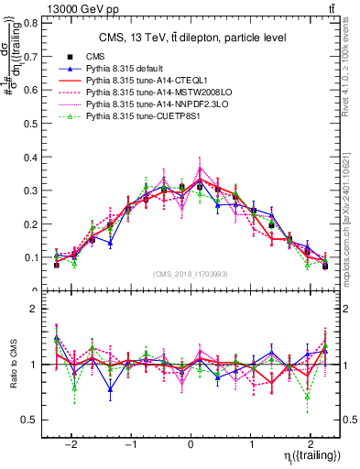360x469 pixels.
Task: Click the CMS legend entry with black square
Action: pyautogui.click(x=96, y=58)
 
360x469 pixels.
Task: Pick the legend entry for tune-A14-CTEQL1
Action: pyautogui.click(x=141, y=82)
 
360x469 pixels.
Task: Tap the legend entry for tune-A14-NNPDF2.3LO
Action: pyautogui.click(x=149, y=105)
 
